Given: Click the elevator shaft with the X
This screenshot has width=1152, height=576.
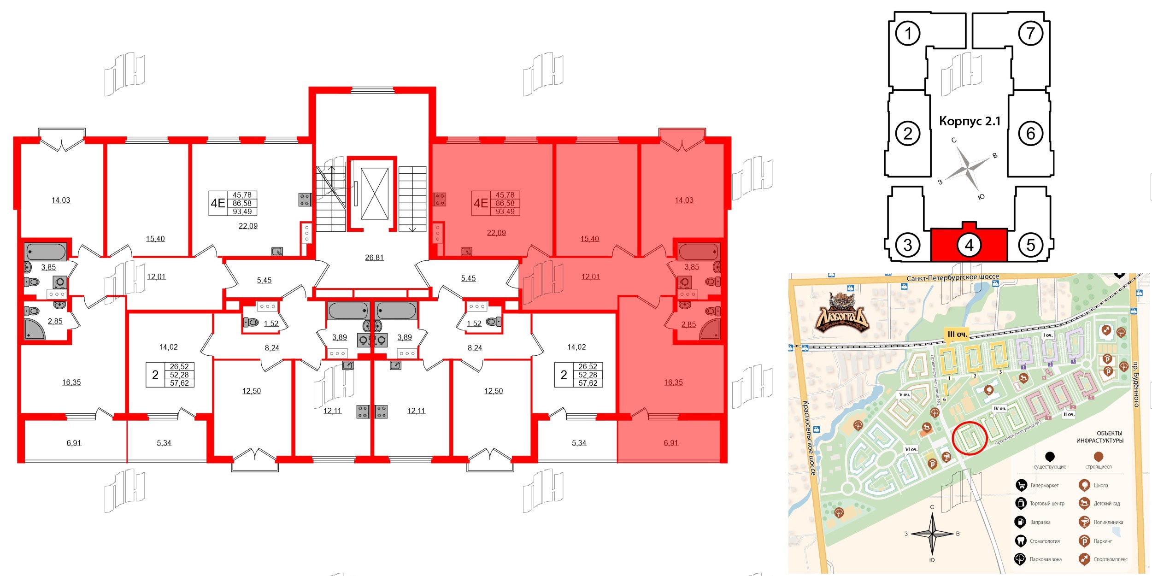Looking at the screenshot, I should [374, 194].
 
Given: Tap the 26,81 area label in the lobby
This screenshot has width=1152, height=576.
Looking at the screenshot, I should [374, 258].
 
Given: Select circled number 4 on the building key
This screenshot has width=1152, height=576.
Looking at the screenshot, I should [969, 245].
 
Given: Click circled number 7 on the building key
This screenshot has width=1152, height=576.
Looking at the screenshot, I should [1030, 33].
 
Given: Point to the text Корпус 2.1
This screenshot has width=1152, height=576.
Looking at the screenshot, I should [970, 121].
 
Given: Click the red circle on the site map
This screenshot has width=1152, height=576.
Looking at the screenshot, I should [970, 438].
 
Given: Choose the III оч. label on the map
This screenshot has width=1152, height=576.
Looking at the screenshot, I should [957, 335].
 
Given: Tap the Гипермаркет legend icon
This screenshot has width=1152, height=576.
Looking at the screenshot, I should [1021, 485].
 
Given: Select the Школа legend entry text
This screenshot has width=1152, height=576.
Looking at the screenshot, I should [1101, 485].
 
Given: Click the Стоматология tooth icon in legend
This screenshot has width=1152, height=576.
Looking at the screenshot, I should [1021, 541].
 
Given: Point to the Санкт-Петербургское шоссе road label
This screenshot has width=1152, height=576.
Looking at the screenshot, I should [952, 277].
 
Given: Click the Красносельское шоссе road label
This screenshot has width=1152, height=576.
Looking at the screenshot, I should [809, 438].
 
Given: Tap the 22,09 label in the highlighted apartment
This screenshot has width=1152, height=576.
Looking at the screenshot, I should [496, 233].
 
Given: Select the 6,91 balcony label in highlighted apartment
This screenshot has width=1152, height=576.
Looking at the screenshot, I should [671, 443].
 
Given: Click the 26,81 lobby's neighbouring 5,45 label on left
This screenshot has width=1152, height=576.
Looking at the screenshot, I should [264, 280].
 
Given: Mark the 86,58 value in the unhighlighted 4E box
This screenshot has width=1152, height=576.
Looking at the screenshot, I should [242, 203].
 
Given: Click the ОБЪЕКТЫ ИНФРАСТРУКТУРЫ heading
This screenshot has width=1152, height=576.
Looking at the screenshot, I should [1099, 437].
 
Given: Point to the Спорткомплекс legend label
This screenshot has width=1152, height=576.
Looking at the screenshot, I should [1111, 559].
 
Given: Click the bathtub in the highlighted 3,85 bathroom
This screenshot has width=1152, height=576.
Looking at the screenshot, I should [698, 252].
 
